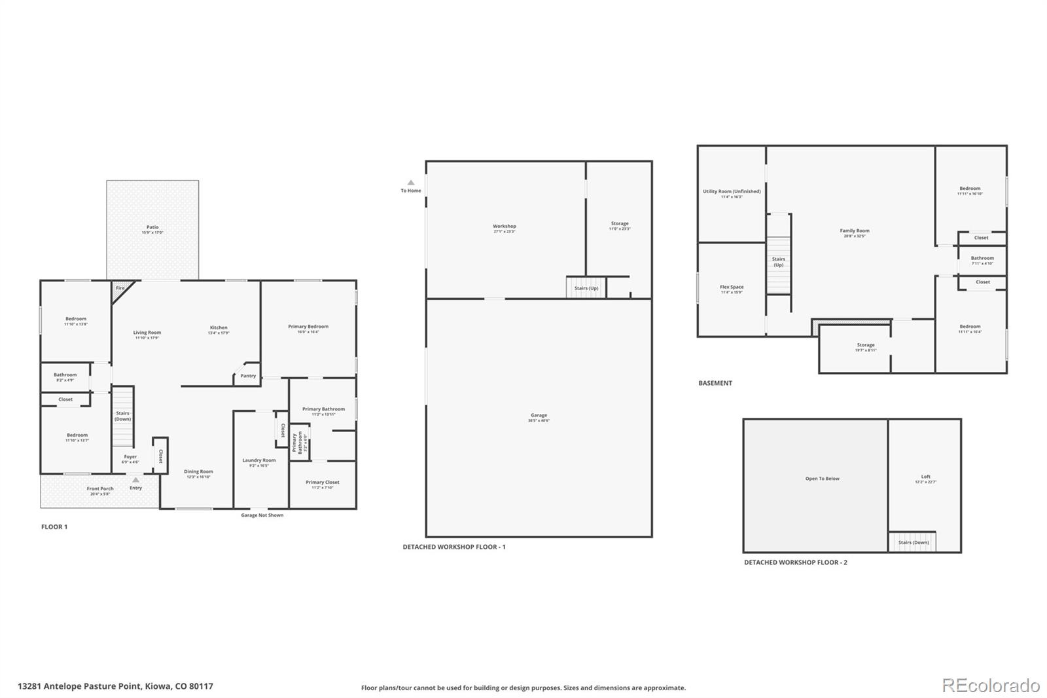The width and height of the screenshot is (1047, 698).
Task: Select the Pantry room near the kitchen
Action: tap(248, 375)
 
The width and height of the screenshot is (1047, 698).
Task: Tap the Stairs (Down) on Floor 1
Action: tap(123, 416)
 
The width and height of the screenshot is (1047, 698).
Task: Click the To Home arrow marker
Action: tap(411, 183)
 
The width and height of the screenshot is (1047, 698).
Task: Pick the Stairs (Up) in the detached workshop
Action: tap(586, 288)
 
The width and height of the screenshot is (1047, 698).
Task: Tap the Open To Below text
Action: tap(822, 479)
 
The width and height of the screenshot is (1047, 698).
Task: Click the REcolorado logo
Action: tap(991, 685)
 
